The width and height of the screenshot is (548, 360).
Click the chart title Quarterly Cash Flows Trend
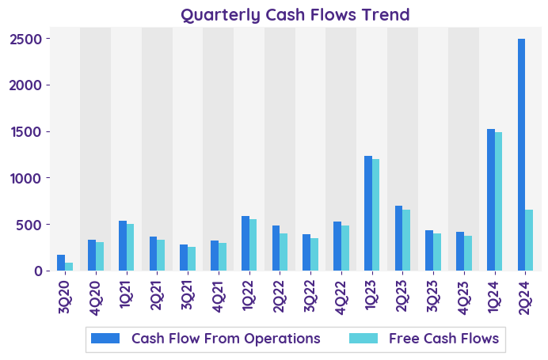point(295,14)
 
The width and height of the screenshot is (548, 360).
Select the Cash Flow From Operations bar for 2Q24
point(522,154)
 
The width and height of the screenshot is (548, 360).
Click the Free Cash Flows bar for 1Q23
point(375,214)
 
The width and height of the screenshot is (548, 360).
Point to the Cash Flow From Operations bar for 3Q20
point(61,263)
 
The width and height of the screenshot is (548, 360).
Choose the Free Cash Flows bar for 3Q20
point(69,267)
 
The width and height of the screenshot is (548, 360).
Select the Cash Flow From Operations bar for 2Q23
point(399,238)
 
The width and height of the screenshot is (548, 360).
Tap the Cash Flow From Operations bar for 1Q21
point(123,245)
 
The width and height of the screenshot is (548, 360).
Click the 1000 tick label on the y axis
point(34,178)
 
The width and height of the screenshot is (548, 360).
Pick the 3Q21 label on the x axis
point(188,295)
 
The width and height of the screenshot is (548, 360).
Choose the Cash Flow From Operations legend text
point(226,339)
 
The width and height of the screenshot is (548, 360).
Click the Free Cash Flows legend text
point(443,339)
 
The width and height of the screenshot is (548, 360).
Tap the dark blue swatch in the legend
point(105,339)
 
